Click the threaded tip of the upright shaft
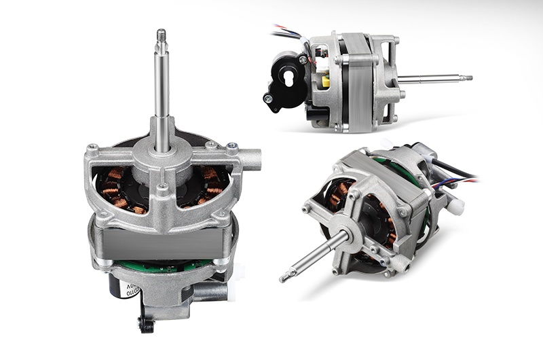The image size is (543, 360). (x=161, y=35)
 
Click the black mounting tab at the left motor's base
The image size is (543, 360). (x=145, y=323)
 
